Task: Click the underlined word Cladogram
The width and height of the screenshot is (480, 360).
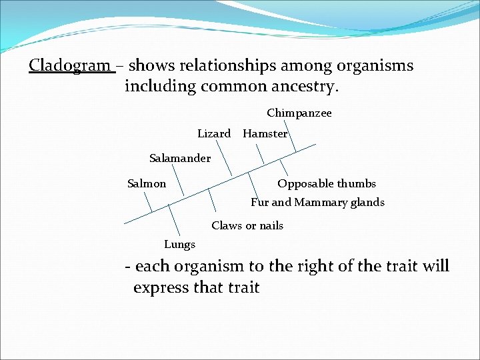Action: click(x=70, y=66)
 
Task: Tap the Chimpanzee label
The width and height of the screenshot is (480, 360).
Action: click(x=299, y=113)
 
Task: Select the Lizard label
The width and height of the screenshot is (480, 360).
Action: click(x=214, y=133)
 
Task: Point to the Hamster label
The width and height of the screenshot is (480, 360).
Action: click(x=265, y=133)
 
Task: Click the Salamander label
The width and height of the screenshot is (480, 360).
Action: click(x=180, y=159)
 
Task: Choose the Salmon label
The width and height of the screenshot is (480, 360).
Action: click(x=147, y=183)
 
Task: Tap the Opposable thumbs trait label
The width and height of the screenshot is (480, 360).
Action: click(x=327, y=183)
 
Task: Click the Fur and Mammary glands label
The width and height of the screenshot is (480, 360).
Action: click(x=317, y=202)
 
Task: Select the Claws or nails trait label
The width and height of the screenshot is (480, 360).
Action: click(x=247, y=225)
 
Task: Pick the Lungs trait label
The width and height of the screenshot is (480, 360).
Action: click(x=179, y=244)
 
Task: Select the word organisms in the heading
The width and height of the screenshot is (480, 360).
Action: click(x=376, y=66)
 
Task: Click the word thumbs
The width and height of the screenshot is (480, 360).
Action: click(x=357, y=183)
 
